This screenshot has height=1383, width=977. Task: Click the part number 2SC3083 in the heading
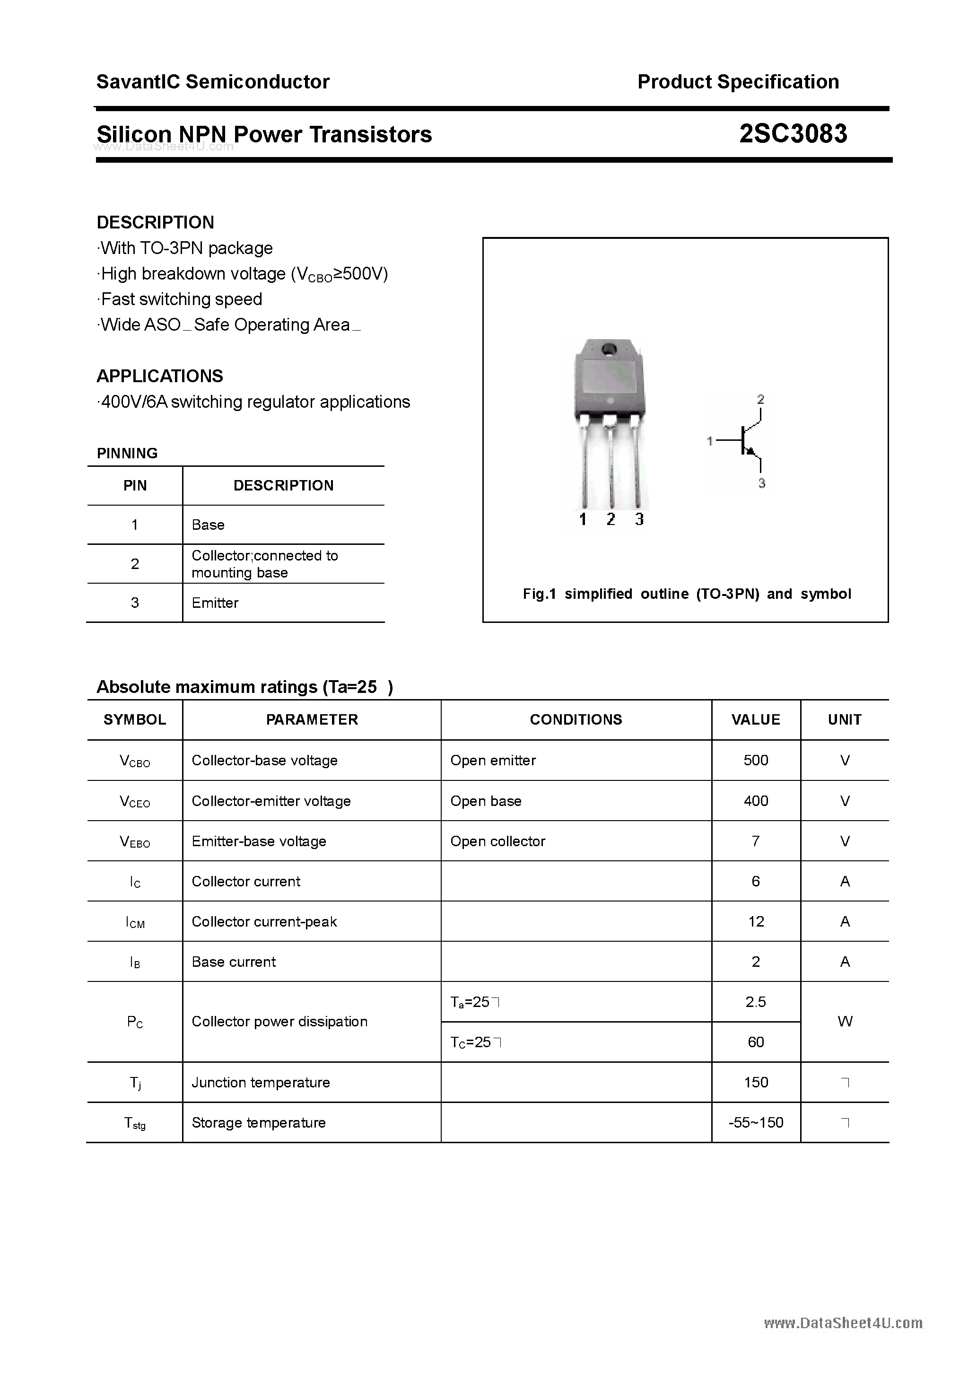(x=793, y=134)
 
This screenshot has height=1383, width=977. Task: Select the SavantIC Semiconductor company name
(x=213, y=82)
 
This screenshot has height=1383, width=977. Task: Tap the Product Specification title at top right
(x=738, y=82)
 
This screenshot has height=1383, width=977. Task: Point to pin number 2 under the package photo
(x=611, y=519)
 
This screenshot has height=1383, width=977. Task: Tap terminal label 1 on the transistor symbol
(x=709, y=441)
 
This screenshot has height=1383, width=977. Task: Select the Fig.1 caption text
(x=687, y=594)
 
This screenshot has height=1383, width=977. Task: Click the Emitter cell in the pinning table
(x=215, y=603)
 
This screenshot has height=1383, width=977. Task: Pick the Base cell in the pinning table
(x=208, y=525)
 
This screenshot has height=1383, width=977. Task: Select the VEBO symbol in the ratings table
(x=135, y=841)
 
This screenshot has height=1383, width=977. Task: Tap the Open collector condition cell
(x=497, y=841)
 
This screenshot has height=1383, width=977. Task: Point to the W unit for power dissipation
(x=845, y=1022)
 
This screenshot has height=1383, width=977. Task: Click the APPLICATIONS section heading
(x=160, y=376)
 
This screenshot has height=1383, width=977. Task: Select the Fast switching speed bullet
(x=181, y=299)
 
